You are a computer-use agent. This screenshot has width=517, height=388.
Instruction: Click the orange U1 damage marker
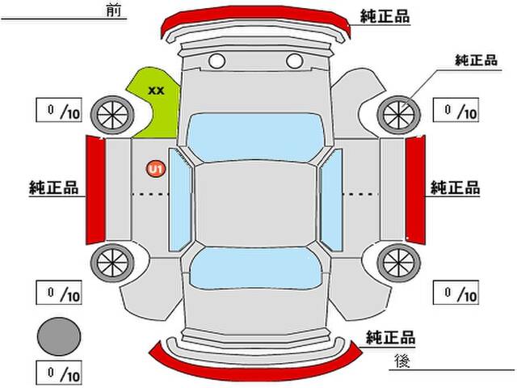(x=156, y=169)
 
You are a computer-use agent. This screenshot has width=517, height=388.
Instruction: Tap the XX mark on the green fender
(x=156, y=91)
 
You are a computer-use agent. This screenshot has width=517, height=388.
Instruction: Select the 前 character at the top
(x=114, y=10)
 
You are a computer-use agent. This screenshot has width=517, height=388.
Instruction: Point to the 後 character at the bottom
(x=402, y=361)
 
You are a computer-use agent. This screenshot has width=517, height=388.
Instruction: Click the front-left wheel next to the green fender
(x=112, y=115)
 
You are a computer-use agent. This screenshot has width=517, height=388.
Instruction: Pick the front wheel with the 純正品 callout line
(x=398, y=115)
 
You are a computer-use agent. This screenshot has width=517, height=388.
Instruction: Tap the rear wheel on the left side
(x=112, y=263)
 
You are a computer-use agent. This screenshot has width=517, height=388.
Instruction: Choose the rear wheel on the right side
(x=398, y=263)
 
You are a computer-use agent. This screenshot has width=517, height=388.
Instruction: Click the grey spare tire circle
(x=59, y=336)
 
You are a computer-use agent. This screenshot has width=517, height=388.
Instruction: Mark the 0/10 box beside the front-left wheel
(x=59, y=110)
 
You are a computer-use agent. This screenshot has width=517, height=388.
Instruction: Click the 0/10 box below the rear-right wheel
(x=456, y=293)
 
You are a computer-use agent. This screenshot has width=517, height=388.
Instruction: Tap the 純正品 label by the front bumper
(x=385, y=16)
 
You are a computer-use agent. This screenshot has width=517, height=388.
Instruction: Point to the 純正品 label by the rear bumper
(x=390, y=337)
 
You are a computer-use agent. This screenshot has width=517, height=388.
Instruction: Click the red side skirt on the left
(x=95, y=190)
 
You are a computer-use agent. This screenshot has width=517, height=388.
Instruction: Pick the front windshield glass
(x=255, y=137)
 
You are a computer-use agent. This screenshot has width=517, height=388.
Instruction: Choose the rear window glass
(x=255, y=268)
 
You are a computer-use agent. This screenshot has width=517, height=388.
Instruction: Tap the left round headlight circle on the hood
(x=217, y=61)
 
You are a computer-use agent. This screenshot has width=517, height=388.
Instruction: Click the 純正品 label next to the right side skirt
(x=455, y=188)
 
